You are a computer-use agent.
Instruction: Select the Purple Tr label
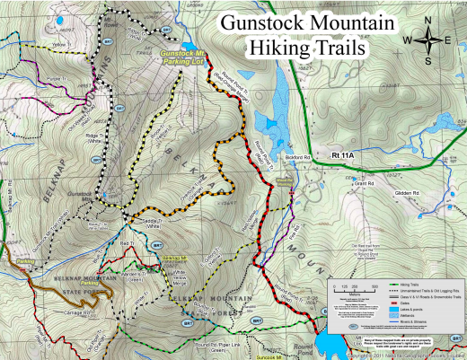click(x=31, y=80)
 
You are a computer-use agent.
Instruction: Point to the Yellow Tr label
click(x=36, y=44)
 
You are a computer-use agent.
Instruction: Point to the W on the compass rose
click(x=409, y=40)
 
